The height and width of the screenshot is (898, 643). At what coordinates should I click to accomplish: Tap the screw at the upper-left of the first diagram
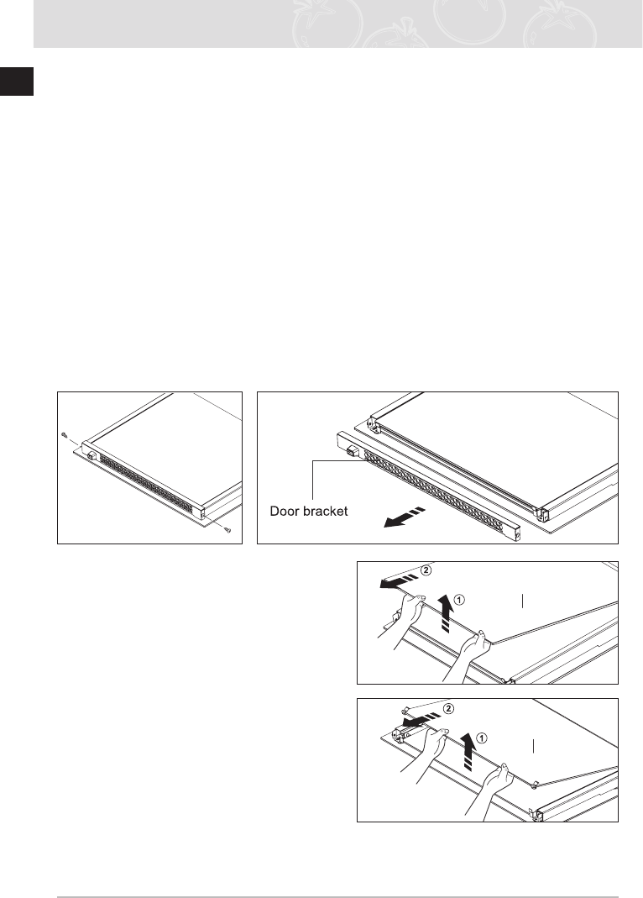[x=65, y=434]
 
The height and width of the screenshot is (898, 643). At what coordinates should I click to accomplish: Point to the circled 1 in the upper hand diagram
[x=459, y=600]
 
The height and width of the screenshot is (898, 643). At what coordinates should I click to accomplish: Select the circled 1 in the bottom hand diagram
[x=481, y=738]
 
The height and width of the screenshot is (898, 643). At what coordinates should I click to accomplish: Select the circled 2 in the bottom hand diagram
[x=448, y=709]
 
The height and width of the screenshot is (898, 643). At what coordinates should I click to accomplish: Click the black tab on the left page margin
[x=16, y=82]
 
